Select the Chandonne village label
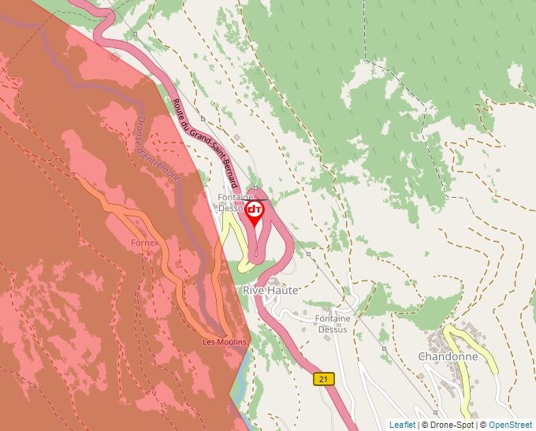[448, 356]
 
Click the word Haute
[284, 290]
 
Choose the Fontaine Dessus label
[333, 324]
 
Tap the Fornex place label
[145, 243]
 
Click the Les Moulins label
[225, 341]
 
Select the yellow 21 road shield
[323, 379]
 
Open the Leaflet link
[402, 425]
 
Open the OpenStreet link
[510, 425]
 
